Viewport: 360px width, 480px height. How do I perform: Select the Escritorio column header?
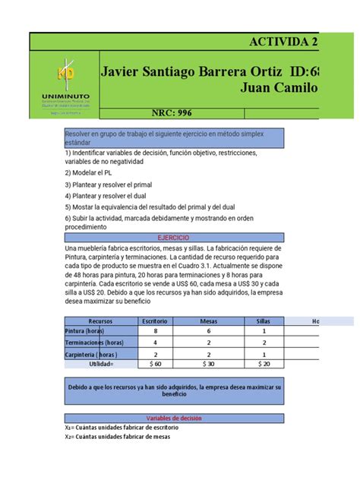coord(155,321)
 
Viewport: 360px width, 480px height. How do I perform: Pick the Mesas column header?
coord(209,321)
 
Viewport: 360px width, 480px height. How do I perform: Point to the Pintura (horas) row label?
coord(85,331)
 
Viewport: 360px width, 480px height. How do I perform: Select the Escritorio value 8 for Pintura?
coord(155,331)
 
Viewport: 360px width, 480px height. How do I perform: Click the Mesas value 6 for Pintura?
coord(209,331)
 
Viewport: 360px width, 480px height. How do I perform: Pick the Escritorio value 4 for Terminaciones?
coord(155,343)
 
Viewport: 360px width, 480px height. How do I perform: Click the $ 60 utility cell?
coord(155,365)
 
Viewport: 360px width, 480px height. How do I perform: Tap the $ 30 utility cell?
coord(209,365)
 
